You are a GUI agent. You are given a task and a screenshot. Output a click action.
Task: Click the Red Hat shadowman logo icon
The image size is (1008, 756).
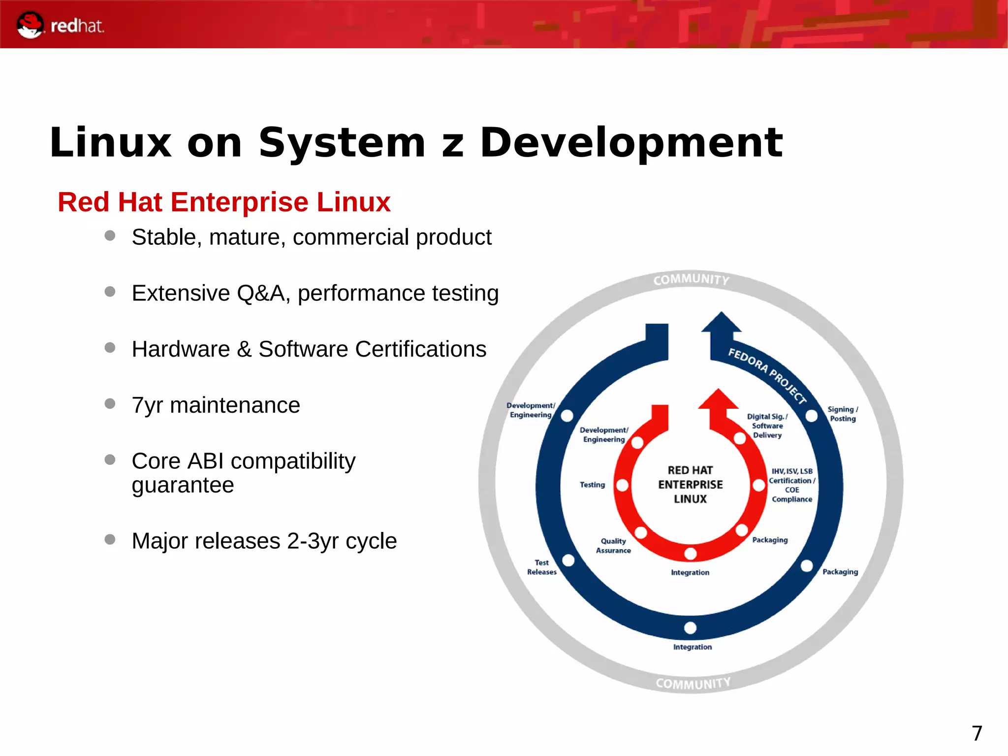[x=30, y=25]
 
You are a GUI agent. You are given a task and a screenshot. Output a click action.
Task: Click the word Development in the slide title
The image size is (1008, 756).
[x=631, y=143]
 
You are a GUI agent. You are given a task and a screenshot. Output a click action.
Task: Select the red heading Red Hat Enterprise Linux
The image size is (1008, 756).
[x=224, y=202]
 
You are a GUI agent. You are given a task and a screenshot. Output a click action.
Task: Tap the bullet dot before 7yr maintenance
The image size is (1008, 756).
[x=110, y=404]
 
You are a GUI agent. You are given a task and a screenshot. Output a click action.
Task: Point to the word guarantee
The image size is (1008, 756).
[x=183, y=485]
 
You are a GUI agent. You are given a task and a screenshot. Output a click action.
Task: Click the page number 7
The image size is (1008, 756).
[x=977, y=733]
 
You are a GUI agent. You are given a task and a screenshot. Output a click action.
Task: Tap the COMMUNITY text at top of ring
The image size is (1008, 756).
[x=691, y=280]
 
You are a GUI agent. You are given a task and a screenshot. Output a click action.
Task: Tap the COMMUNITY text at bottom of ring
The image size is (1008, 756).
[x=693, y=684]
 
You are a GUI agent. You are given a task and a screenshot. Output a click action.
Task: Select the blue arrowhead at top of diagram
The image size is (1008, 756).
[x=721, y=323]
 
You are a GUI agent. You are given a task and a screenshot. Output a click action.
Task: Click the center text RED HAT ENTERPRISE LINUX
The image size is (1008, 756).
[x=690, y=485]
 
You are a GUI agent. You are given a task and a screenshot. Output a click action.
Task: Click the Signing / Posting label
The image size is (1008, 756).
[x=843, y=414]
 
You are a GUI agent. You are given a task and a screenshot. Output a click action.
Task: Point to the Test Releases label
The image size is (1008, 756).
[x=541, y=567]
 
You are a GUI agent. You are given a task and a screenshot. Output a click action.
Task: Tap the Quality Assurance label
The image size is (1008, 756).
[x=613, y=546]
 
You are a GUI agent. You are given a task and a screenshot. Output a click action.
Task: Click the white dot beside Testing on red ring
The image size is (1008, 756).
[x=622, y=485]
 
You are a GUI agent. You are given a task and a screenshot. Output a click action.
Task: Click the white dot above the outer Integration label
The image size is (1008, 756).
[x=690, y=628]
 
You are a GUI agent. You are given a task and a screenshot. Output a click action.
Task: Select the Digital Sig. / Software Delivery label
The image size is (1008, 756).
[x=767, y=426]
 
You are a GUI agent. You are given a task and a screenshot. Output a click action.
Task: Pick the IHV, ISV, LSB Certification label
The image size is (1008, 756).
[x=791, y=485]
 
